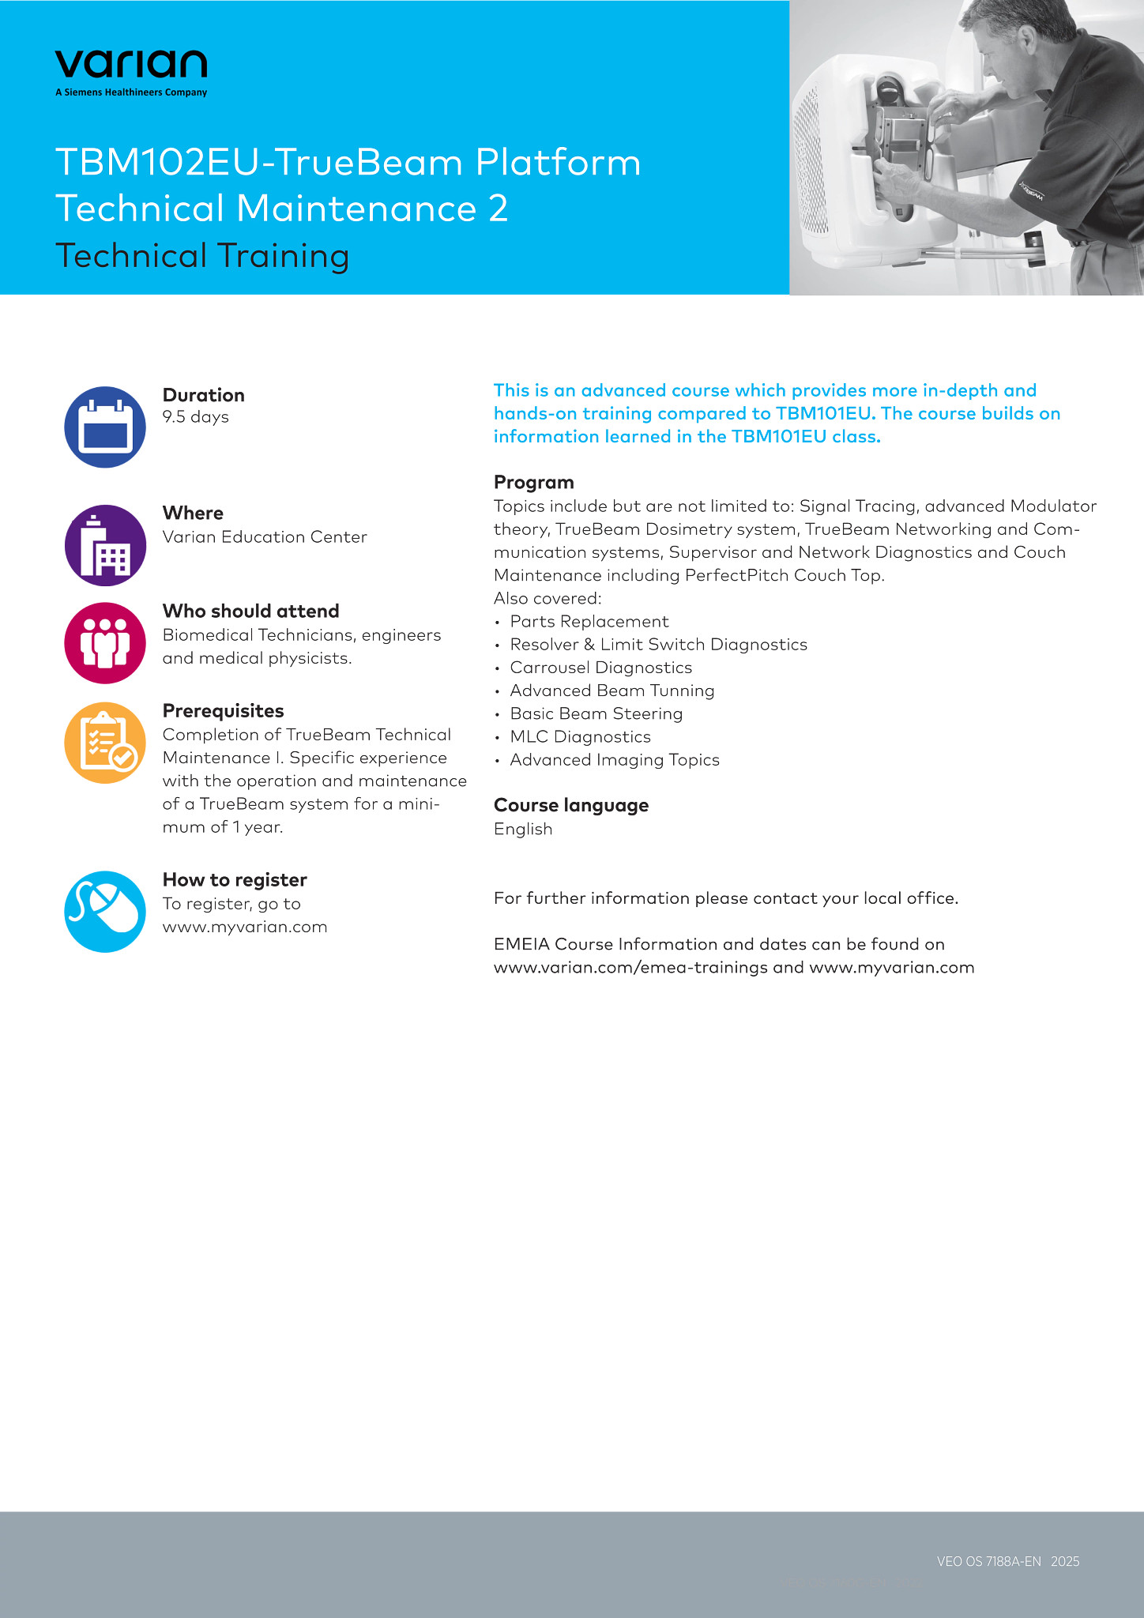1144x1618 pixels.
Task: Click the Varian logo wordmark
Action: click(x=131, y=64)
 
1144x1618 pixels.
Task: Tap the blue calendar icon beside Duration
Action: click(x=105, y=427)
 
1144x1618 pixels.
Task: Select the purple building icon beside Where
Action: click(x=105, y=545)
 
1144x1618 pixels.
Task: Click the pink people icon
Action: click(x=105, y=642)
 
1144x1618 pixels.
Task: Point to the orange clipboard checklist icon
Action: click(x=105, y=743)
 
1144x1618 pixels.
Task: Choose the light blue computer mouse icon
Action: click(x=105, y=912)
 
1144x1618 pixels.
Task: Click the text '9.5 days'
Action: click(x=195, y=417)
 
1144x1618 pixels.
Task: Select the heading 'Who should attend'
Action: click(x=250, y=611)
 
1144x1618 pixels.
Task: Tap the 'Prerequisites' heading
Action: click(x=223, y=710)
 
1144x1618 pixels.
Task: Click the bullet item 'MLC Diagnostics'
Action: click(x=580, y=737)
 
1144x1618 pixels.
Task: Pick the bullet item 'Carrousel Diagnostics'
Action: click(x=600, y=668)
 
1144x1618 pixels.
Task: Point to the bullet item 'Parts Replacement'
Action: click(x=589, y=622)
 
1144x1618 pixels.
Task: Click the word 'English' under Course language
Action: click(x=523, y=829)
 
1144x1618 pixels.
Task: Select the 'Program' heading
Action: click(x=533, y=482)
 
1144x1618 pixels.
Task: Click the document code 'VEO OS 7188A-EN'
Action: click(x=988, y=1561)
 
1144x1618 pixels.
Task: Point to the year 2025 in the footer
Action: click(x=1065, y=1561)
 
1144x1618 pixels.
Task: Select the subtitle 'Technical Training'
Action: click(x=202, y=256)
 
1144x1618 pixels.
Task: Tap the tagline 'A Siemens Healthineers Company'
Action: click(x=131, y=92)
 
